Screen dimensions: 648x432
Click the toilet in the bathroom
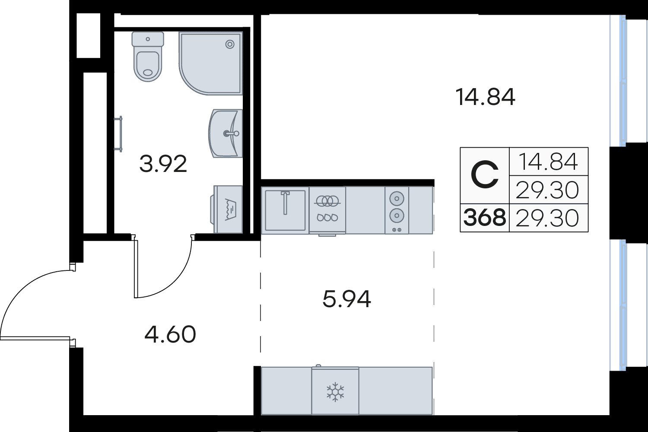(x=148, y=57)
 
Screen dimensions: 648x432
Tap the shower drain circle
(x=230, y=44)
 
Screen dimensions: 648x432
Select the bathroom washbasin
(x=226, y=133)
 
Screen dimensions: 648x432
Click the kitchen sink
(x=285, y=210)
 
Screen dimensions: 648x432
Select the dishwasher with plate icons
(x=327, y=210)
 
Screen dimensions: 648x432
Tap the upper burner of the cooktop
(x=397, y=198)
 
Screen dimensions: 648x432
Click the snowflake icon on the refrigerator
(x=335, y=392)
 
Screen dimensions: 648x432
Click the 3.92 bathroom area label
(x=163, y=164)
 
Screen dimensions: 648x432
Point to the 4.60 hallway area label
(x=170, y=334)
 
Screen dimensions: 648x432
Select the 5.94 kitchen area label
(x=346, y=299)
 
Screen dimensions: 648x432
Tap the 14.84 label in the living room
(x=485, y=97)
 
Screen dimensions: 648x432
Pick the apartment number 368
(x=485, y=218)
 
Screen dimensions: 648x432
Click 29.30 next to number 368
(x=547, y=218)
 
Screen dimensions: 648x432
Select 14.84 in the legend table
(x=549, y=162)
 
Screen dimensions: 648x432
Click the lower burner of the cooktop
(x=397, y=215)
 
